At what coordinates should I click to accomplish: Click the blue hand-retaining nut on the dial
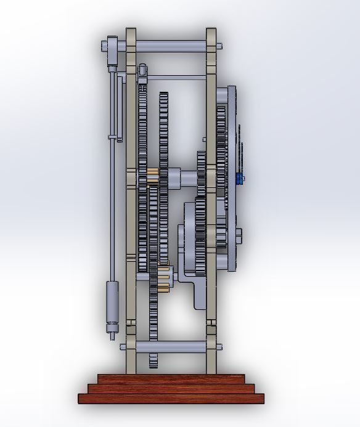click(x=239, y=179)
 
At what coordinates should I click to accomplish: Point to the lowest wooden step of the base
click(x=171, y=398)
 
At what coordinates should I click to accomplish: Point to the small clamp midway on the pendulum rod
click(x=113, y=137)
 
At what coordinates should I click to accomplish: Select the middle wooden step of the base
click(x=171, y=388)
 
